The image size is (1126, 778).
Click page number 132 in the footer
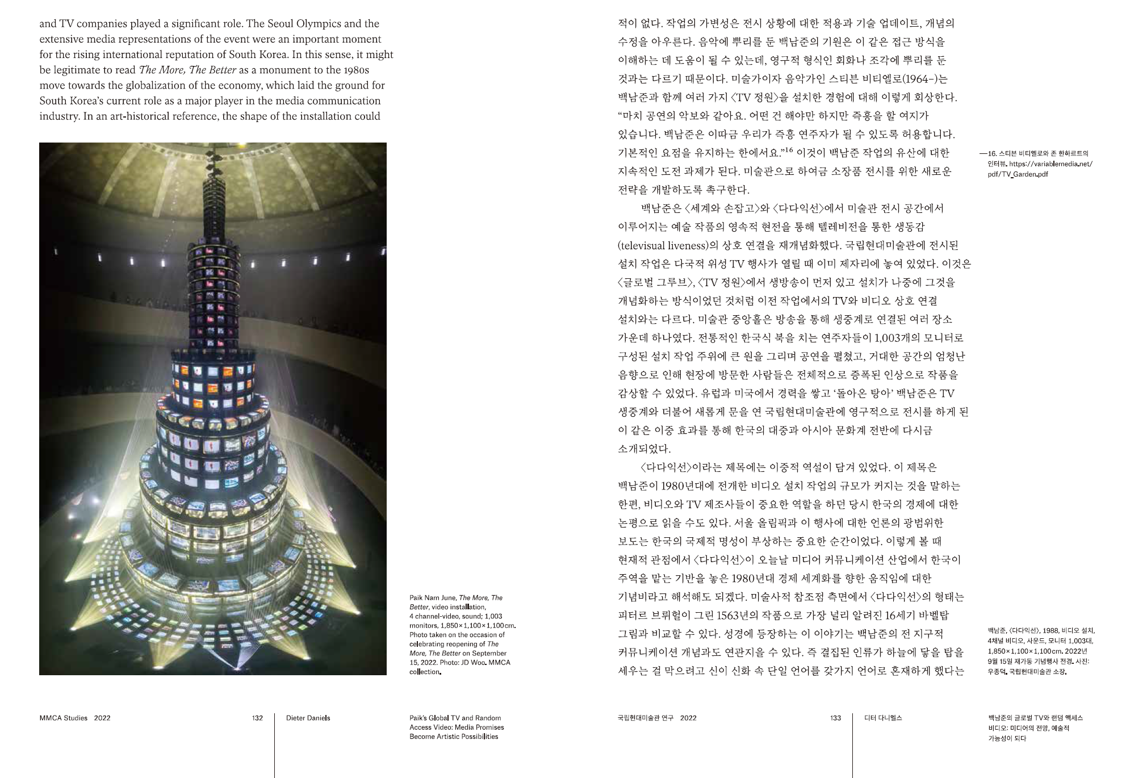point(257,718)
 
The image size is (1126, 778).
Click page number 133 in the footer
point(835,718)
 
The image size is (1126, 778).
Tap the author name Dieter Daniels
point(308,718)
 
